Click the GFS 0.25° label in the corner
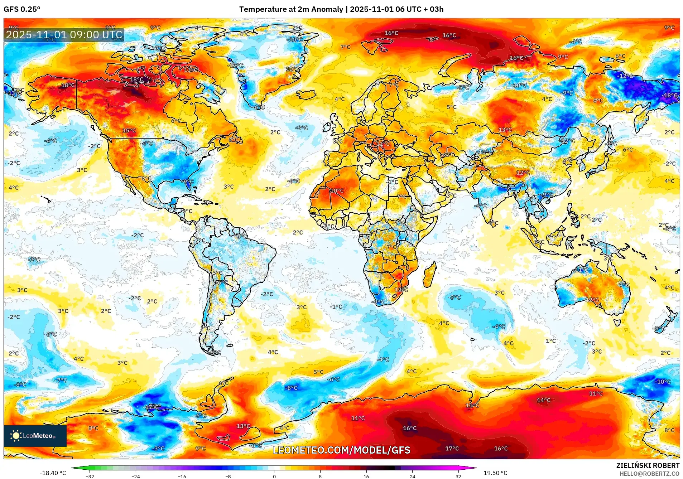(x=22, y=9)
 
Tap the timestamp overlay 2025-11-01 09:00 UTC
(x=64, y=35)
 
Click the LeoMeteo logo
(x=35, y=436)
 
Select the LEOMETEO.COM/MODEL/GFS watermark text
(x=341, y=450)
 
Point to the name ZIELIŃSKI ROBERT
(x=648, y=465)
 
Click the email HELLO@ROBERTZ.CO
(x=649, y=474)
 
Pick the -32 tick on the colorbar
(x=90, y=476)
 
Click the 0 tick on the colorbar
(x=274, y=476)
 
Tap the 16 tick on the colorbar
(x=366, y=476)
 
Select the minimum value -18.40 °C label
(x=53, y=473)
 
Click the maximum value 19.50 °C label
(x=495, y=473)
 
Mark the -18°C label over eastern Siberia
(x=670, y=95)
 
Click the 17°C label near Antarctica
(x=452, y=449)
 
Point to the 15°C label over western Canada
(x=129, y=130)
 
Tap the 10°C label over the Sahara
(x=337, y=190)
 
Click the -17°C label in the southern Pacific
(x=151, y=407)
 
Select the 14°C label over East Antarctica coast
(x=543, y=400)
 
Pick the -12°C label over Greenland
(x=236, y=66)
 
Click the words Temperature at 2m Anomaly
(x=291, y=9)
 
